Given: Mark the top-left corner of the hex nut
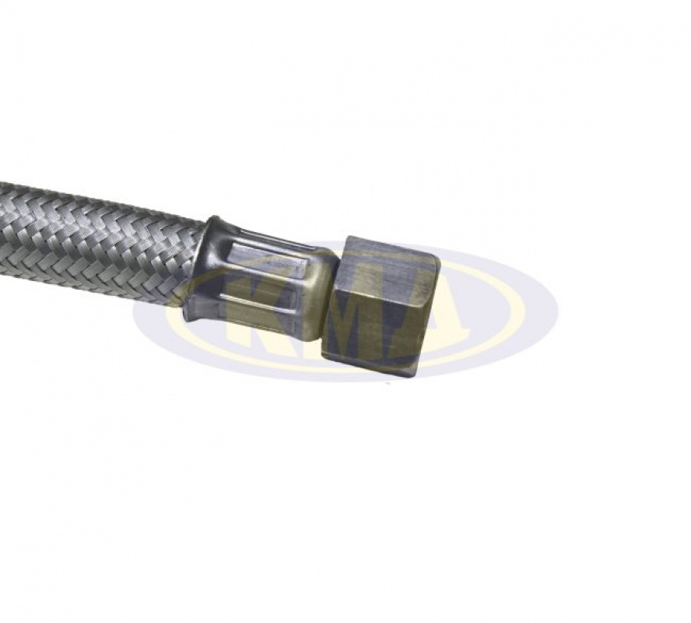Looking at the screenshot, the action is click(348, 236).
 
